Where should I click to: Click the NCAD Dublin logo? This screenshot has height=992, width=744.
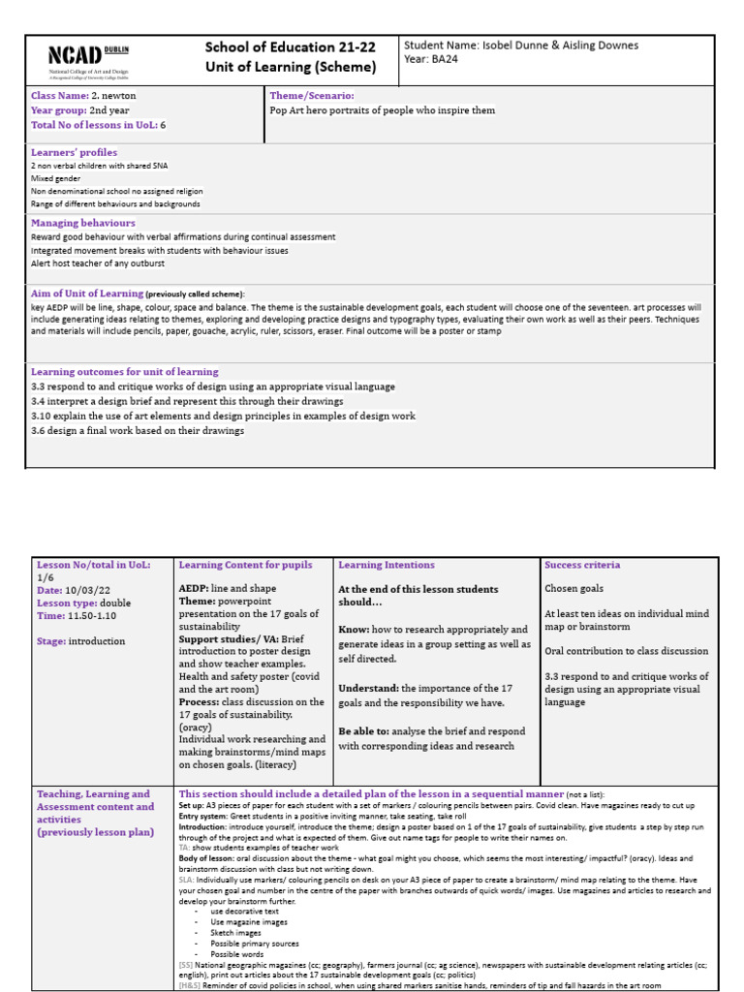point(88,59)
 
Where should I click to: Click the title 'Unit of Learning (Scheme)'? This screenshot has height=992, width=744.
point(290,67)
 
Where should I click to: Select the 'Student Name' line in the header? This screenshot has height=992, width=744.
point(520,46)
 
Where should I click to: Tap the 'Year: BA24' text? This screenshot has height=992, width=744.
point(432,59)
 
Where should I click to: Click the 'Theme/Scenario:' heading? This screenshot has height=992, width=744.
point(311,96)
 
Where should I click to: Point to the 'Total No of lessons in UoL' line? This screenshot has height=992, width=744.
point(98,125)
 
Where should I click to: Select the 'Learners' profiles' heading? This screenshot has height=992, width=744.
point(74,152)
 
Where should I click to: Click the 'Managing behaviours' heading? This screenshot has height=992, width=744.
point(82,223)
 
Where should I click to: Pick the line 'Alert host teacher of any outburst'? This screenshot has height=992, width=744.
point(97,263)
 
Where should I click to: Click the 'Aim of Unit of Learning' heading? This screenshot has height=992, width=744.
point(87,293)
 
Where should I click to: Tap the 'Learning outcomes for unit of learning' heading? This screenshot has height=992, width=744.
point(124,372)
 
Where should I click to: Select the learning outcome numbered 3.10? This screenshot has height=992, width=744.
point(223,416)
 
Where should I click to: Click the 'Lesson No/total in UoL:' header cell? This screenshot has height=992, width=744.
point(93,565)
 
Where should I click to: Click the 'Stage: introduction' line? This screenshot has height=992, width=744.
point(81,640)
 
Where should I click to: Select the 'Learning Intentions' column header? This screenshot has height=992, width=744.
point(386,565)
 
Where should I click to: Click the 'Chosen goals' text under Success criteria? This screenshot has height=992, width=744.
point(573,588)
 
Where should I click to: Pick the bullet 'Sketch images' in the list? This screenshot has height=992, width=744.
point(237,931)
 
